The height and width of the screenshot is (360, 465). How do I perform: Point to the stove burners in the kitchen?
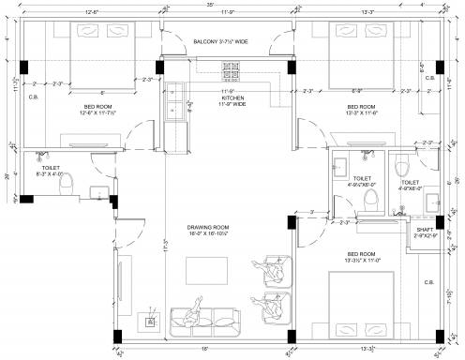[232, 72]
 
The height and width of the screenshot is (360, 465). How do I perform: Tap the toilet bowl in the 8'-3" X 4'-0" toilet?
[66, 187]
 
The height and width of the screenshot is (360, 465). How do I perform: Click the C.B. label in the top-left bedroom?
[34, 97]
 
